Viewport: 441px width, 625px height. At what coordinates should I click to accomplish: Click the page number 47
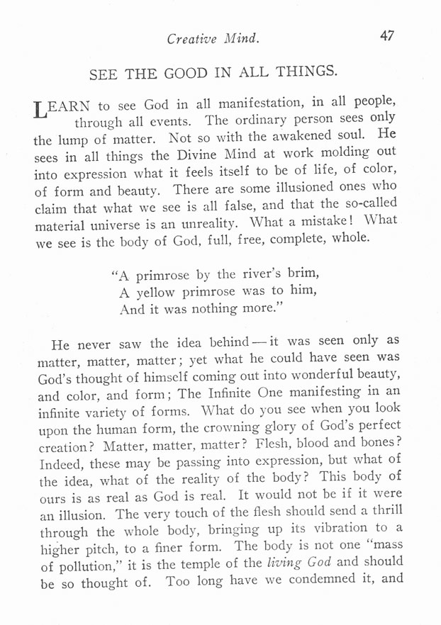pos(387,36)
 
